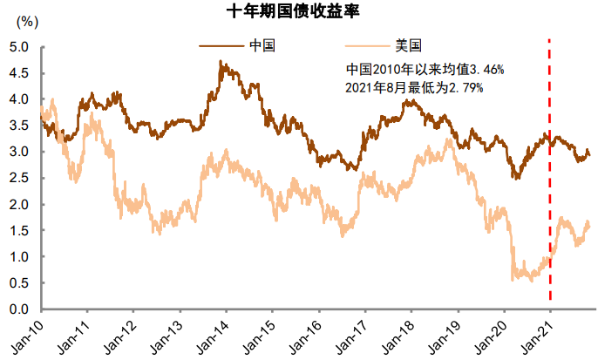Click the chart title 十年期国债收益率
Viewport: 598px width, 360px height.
[299, 11]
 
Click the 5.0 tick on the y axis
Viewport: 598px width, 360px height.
[20, 46]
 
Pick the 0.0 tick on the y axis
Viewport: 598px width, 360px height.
[20, 309]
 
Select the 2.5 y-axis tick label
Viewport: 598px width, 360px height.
[20, 178]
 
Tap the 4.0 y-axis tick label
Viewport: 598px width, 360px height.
[20, 99]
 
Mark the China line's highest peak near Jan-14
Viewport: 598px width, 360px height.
[221, 62]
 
